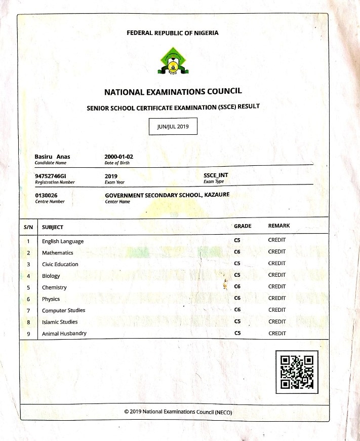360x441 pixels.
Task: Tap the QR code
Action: (x=297, y=372)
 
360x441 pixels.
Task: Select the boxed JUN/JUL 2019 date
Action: (x=173, y=126)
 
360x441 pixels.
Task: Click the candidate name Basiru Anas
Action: (x=52, y=157)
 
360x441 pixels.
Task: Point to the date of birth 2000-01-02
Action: (x=118, y=157)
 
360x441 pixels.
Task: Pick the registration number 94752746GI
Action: (x=51, y=175)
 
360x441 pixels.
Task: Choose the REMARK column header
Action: (x=279, y=226)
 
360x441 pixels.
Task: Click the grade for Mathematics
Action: (x=237, y=252)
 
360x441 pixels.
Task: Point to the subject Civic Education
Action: (x=60, y=264)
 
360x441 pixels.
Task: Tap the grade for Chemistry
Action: (x=237, y=287)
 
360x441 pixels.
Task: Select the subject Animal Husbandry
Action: (x=64, y=334)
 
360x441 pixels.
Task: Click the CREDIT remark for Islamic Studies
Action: (x=277, y=321)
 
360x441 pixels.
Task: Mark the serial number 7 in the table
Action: (x=29, y=310)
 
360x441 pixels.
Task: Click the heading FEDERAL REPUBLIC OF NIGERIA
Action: (x=173, y=33)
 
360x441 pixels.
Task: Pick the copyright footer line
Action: (x=178, y=412)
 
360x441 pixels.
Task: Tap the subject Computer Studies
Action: (x=63, y=310)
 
